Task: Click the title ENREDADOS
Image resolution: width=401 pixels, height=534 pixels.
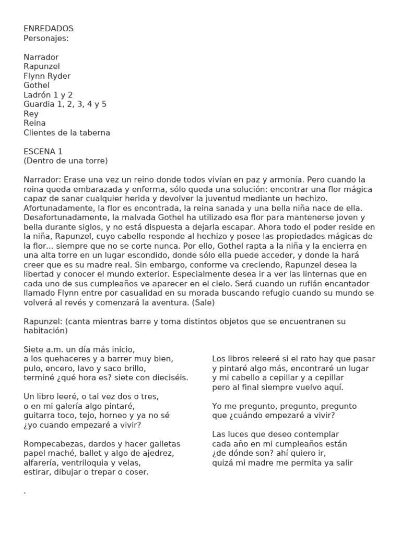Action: (49, 29)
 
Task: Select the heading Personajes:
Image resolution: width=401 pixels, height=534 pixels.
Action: (46, 38)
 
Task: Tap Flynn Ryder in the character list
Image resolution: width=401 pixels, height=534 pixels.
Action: (47, 76)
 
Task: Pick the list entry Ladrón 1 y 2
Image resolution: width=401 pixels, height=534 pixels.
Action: (48, 95)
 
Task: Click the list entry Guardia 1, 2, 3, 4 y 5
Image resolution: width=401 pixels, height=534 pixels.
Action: (65, 104)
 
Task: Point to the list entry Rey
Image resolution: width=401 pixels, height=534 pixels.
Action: (31, 114)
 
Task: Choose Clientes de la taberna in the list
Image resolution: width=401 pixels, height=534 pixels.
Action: (67, 132)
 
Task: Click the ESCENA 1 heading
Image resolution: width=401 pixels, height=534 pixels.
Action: (43, 151)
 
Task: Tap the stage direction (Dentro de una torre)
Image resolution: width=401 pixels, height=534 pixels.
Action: (65, 161)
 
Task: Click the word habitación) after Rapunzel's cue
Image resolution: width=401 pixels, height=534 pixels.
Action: (46, 331)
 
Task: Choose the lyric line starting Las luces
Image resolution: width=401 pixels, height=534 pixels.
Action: (276, 434)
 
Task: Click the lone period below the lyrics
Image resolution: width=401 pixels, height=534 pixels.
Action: (25, 492)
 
